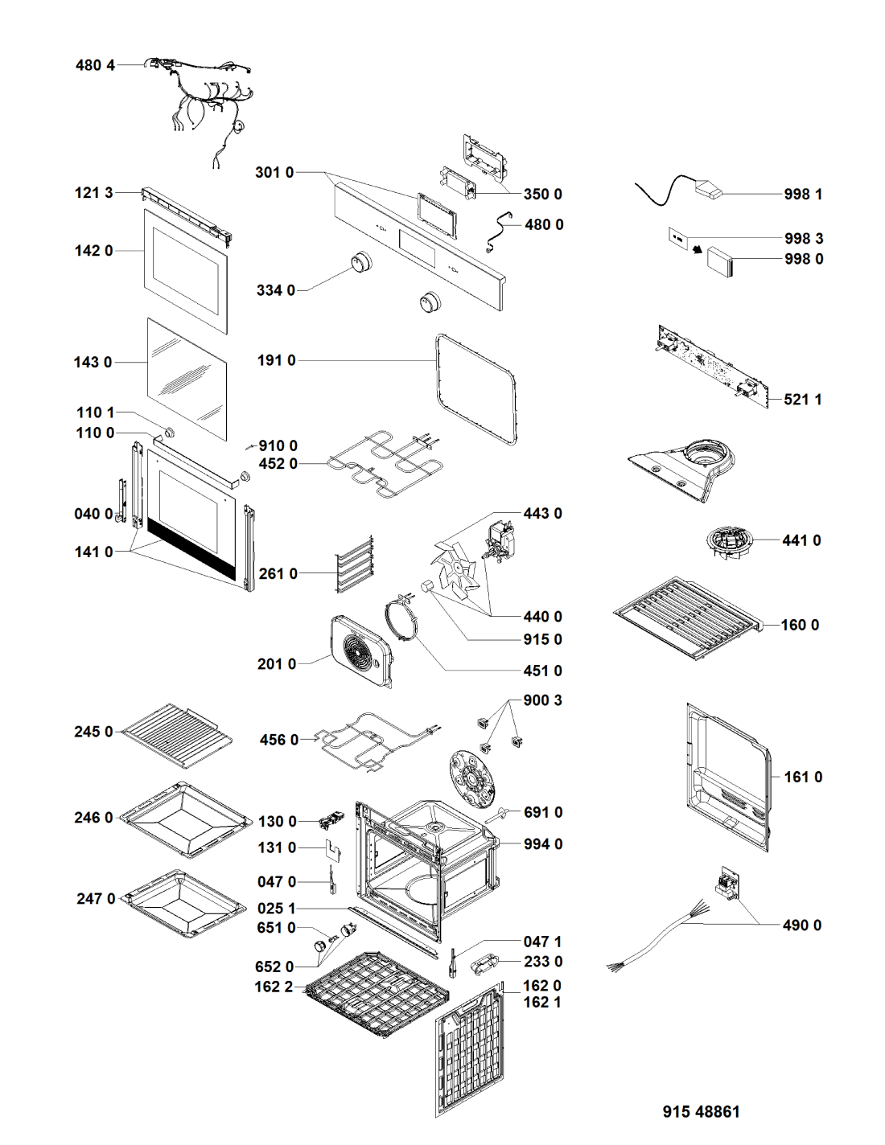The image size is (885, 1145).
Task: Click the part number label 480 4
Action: pos(95,65)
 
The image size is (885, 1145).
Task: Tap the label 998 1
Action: pos(803,194)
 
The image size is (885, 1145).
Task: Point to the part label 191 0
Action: pos(276,360)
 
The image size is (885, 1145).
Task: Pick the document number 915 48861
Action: pos(701,1111)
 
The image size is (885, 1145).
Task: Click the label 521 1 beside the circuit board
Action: pos(802,399)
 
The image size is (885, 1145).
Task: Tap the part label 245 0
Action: pos(93,732)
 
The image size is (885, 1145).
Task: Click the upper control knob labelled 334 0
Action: pos(361,262)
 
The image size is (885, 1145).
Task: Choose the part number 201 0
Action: pos(276,663)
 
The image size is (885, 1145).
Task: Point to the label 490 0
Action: pos(801,925)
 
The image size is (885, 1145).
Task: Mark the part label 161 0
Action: pos(802,777)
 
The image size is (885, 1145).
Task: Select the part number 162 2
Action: pos(274,987)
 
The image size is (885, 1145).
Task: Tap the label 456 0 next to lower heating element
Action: pos(278,740)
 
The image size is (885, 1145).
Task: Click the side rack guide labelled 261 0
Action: pos(355,565)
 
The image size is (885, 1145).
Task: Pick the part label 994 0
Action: pos(542,844)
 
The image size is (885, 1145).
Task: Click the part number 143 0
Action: pos(93,362)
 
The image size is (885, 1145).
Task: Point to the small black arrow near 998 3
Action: pos(698,250)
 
